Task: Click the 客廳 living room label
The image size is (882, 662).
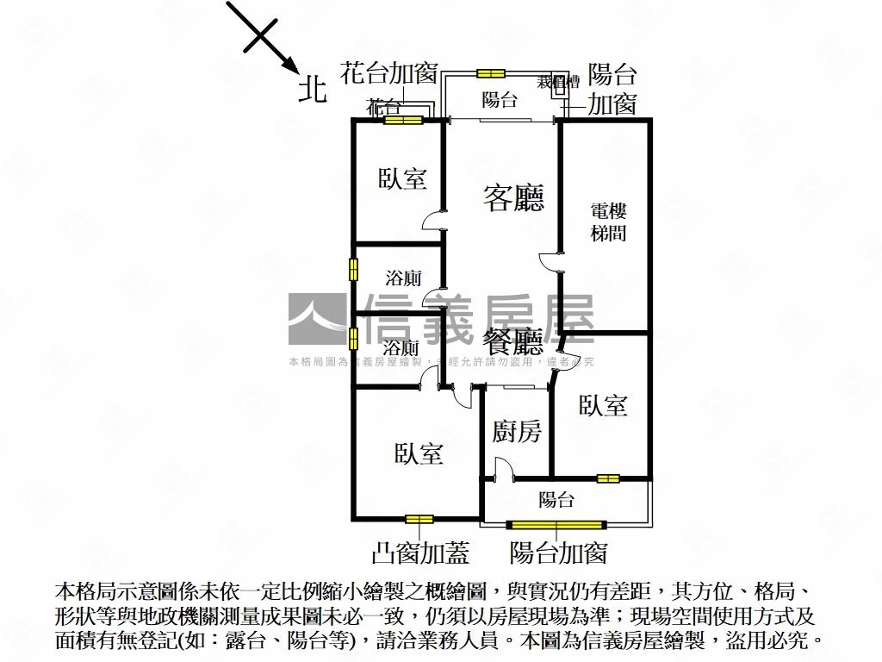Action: click(x=513, y=199)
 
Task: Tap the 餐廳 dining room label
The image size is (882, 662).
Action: click(x=513, y=343)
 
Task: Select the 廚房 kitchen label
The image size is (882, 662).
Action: click(x=517, y=431)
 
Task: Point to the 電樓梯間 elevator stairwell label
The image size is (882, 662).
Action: click(x=608, y=222)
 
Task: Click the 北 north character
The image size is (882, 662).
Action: click(x=313, y=89)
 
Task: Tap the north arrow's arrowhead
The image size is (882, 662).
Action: click(x=289, y=66)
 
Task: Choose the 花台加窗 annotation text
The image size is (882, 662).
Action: click(x=390, y=72)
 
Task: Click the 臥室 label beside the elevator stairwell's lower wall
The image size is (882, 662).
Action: click(x=603, y=405)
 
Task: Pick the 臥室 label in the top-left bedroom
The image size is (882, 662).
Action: click(x=402, y=179)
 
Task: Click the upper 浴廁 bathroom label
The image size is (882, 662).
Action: click(x=402, y=278)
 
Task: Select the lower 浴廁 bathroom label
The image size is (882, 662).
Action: click(x=401, y=348)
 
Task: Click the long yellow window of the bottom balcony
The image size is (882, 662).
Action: click(x=557, y=523)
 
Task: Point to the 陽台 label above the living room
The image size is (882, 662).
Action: click(x=499, y=100)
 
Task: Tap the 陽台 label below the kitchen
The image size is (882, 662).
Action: click(x=556, y=500)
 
